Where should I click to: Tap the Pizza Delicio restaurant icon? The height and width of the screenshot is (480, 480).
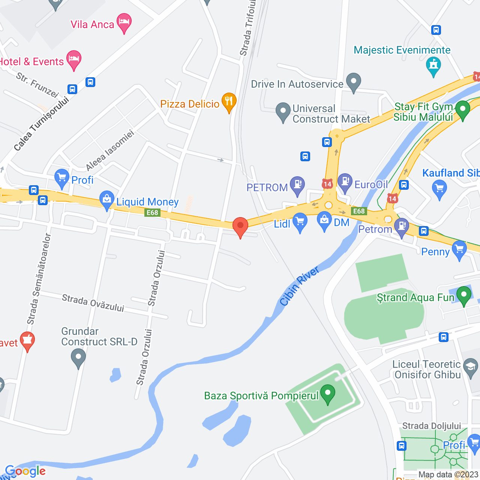[228, 102]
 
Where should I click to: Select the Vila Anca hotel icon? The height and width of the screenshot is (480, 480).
[124, 22]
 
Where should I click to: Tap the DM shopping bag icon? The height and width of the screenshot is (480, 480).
[324, 220]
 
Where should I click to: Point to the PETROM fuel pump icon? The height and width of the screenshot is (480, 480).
[297, 185]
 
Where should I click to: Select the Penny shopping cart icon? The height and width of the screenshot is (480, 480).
[459, 249]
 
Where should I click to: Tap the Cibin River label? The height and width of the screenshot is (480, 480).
[300, 286]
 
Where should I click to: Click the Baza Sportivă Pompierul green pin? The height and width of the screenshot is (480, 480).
[328, 394]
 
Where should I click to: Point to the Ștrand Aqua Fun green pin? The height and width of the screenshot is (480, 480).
[463, 295]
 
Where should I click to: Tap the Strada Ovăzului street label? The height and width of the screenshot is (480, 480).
[93, 303]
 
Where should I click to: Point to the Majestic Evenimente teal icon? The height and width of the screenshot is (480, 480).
[433, 66]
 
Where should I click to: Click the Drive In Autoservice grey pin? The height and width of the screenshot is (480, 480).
[353, 82]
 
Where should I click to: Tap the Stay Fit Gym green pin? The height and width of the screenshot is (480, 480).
[462, 110]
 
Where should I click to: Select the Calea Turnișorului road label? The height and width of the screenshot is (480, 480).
[41, 124]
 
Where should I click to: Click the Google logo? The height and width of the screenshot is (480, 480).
[25, 471]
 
